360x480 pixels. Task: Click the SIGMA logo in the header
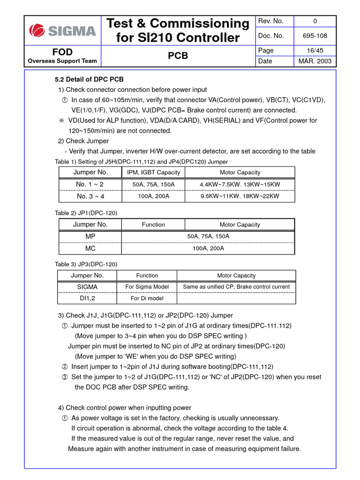[x=62, y=31]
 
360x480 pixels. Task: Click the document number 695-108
[x=315, y=36]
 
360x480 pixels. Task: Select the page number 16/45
[x=315, y=50]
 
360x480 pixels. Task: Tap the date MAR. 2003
[x=315, y=61]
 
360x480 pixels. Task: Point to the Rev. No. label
[x=271, y=21]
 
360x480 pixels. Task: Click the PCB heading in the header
[x=178, y=56]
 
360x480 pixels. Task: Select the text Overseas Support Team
[x=62, y=60]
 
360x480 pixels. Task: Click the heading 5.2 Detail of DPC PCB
[x=89, y=79]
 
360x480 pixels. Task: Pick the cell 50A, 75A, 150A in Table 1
[x=153, y=185]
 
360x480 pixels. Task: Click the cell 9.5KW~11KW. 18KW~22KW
[x=240, y=196]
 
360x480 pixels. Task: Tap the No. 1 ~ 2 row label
[x=90, y=185]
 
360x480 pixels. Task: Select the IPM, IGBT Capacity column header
[x=153, y=172]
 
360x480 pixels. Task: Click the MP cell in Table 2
[x=90, y=236]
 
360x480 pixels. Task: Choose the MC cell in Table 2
[x=90, y=248]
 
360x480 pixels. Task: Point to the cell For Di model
[x=147, y=298]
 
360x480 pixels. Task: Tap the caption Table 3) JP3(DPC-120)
[x=86, y=264]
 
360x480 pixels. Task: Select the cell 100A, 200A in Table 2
[x=208, y=248]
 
